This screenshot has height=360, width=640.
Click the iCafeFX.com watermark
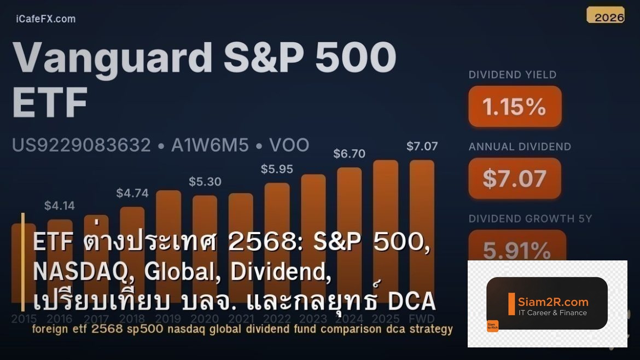point(46,19)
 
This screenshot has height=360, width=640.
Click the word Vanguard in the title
point(113,58)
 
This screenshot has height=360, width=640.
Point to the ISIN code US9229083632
point(81,146)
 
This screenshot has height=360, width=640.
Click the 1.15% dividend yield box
point(515,107)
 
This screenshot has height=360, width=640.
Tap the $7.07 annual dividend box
point(515,178)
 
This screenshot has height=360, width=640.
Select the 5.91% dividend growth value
point(516,250)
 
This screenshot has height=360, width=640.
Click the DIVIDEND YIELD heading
point(512,75)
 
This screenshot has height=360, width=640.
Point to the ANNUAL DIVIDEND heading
point(520,147)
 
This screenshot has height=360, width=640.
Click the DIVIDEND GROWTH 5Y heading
point(530,219)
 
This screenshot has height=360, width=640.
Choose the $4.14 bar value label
point(60,206)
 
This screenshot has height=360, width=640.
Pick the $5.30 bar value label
point(205,181)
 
